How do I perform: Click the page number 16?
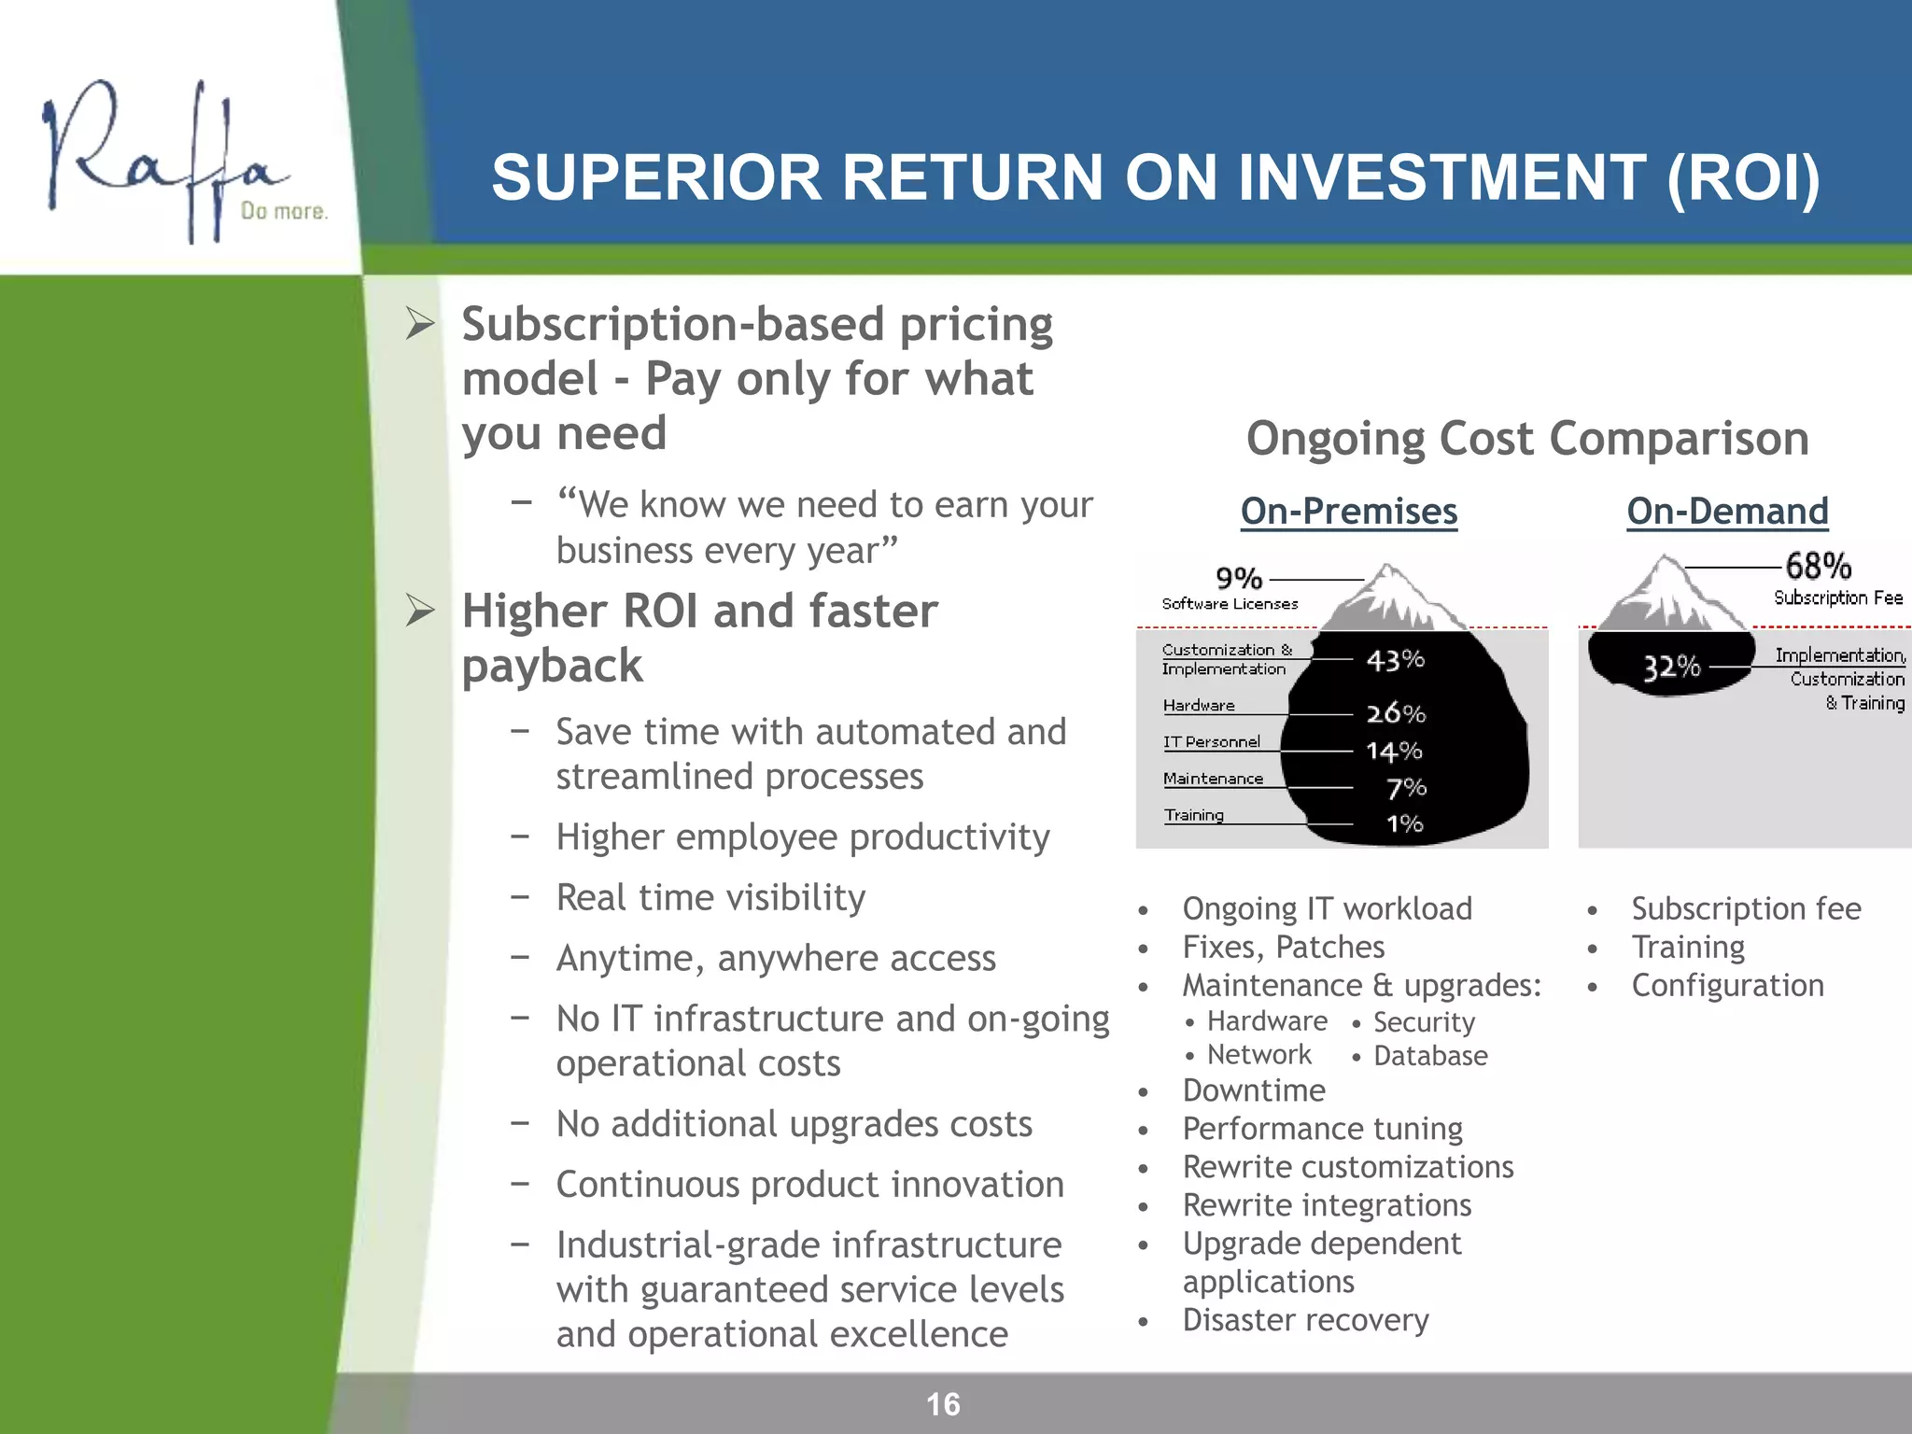pos(943,1404)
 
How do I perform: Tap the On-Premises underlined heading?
pos(1348,512)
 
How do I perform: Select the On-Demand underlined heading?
pos(1727,512)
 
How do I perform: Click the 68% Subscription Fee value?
pos(1818,566)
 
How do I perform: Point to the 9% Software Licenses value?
pos(1239,579)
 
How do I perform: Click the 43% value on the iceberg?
pos(1395,660)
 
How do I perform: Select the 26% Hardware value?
pos(1396,713)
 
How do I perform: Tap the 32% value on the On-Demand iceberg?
pos(1671,667)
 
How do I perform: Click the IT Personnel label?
pos(1211,741)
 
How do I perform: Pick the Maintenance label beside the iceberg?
pos(1213,779)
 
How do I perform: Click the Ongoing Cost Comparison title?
pos(1527,438)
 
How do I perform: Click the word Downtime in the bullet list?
pos(1254,1090)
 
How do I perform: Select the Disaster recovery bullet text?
pos(1305,1320)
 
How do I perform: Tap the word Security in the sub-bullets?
pos(1424,1022)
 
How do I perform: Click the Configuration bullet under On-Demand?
pos(1727,985)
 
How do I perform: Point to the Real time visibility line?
pos(710,897)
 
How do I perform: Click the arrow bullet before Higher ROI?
pos(421,612)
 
